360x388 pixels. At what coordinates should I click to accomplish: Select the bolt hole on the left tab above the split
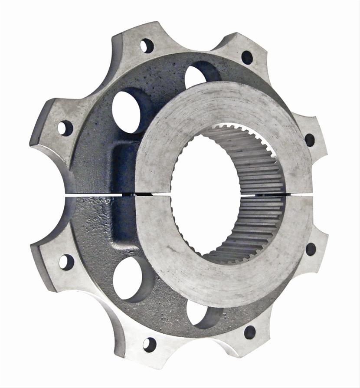pyautogui.click(x=65, y=128)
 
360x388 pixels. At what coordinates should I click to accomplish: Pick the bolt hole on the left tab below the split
pyautogui.click(x=66, y=262)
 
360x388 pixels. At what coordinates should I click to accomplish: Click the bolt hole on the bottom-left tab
pyautogui.click(x=149, y=344)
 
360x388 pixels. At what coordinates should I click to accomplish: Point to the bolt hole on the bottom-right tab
pyautogui.click(x=249, y=332)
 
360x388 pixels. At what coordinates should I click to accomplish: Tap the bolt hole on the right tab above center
pyautogui.click(x=310, y=140)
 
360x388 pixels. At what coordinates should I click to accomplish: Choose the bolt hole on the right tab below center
pyautogui.click(x=311, y=249)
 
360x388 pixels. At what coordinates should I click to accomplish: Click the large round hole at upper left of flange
pyautogui.click(x=127, y=109)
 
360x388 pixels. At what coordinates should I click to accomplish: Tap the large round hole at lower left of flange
pyautogui.click(x=128, y=278)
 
